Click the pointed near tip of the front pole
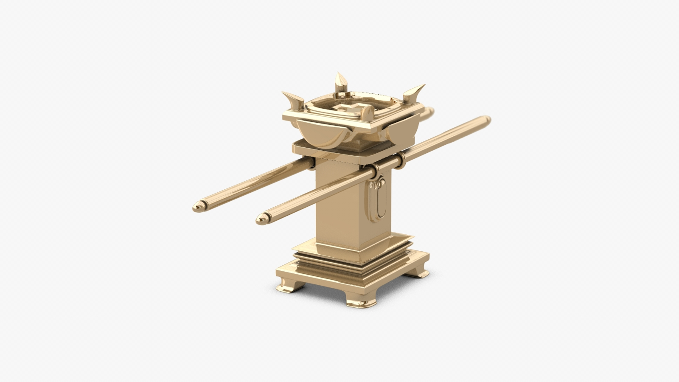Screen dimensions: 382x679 (261, 219)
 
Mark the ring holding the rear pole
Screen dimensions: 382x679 (311, 163)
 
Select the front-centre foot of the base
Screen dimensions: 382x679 (361, 302)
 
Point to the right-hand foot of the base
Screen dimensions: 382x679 (418, 271)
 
